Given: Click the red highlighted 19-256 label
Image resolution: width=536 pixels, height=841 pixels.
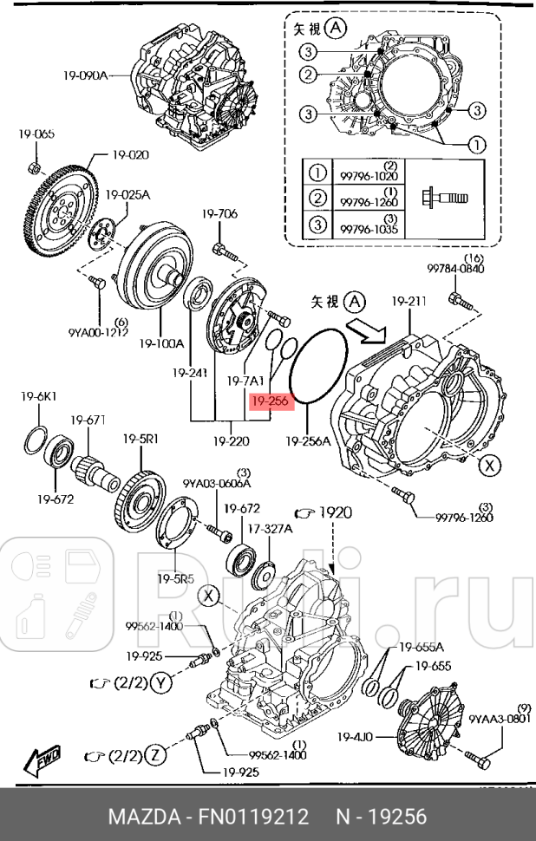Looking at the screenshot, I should point(268,402).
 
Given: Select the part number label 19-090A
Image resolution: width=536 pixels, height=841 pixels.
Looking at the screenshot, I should point(85,75).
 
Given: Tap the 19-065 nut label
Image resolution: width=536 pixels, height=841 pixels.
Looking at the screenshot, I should point(36,134).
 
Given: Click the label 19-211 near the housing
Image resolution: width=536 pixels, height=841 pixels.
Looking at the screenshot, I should point(408,302).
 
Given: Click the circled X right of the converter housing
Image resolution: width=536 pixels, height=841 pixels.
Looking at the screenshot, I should point(491,466).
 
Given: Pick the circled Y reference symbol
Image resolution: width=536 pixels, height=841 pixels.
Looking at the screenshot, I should point(160,683).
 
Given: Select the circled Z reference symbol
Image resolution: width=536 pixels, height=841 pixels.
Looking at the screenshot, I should point(154,756).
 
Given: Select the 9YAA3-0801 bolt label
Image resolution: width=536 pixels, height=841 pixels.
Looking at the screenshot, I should point(499,717).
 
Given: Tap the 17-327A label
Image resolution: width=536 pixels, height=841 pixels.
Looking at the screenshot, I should point(270,528).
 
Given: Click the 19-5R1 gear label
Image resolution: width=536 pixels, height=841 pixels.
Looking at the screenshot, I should point(140,439).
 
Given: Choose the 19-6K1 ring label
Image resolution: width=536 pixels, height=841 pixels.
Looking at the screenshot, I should point(39,396).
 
